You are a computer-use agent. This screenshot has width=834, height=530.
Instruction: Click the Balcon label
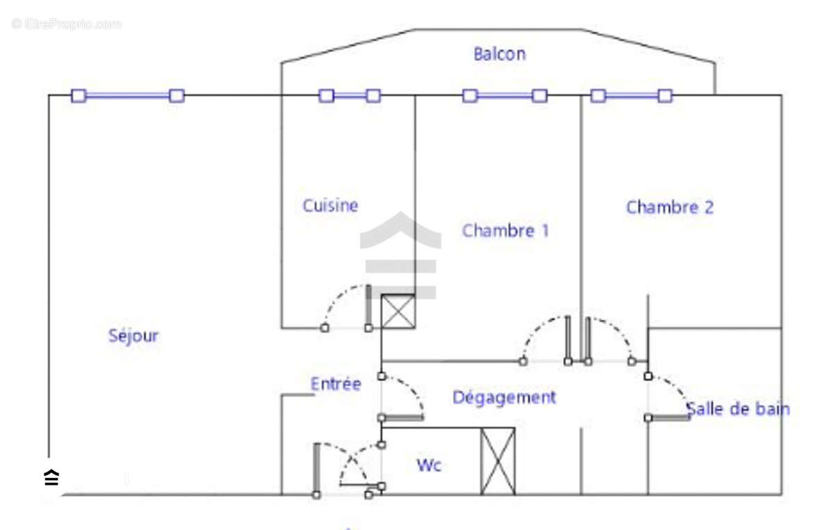499,54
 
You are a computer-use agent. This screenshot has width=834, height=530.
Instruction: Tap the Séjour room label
133,336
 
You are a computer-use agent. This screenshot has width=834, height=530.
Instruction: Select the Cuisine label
330,206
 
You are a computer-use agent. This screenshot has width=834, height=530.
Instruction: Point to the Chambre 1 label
505,231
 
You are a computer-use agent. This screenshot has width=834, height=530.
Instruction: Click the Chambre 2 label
669,207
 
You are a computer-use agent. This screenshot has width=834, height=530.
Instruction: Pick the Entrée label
336,384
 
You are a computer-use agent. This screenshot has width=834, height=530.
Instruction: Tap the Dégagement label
504,398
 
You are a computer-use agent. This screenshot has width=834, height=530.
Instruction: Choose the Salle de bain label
738,409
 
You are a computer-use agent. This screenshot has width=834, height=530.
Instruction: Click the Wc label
429,465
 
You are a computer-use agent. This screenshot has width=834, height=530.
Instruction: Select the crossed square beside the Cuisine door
398,311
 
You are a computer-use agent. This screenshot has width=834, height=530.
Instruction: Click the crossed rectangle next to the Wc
498,461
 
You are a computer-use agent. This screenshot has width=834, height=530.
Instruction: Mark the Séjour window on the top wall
128,96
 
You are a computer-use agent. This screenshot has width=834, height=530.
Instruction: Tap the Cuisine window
350,96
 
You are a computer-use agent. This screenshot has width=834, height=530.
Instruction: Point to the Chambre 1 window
505,96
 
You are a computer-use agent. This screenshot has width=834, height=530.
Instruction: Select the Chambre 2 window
631,96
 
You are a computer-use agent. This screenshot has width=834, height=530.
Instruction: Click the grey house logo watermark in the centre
400,254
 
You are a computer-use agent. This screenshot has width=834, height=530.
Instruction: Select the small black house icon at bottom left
51,478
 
